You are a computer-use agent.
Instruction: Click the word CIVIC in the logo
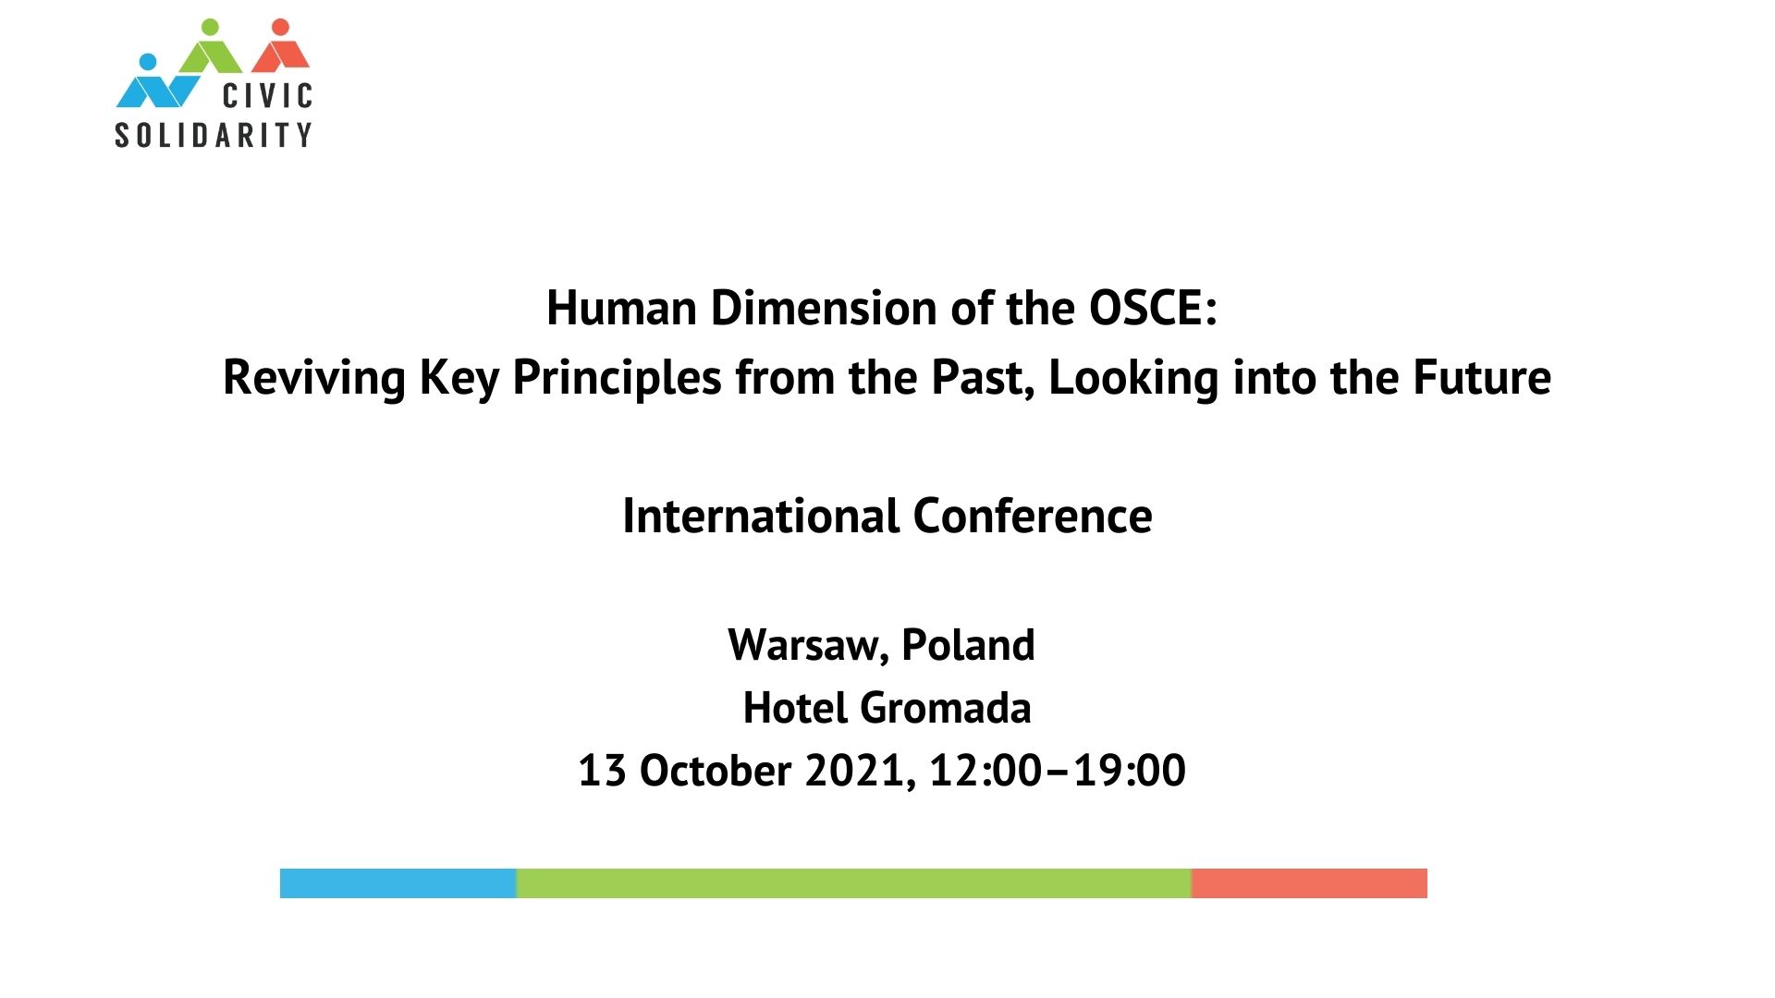point(268,95)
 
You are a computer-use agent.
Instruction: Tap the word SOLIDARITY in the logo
point(214,135)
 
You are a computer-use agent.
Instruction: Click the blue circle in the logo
point(147,62)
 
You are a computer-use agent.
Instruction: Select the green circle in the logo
point(211,27)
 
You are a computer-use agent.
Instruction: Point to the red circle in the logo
point(281,27)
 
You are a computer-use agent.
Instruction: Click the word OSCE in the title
point(1146,308)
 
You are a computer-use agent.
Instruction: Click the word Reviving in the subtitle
point(314,379)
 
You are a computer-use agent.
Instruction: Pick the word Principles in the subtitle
point(617,379)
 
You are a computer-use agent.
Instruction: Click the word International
point(761,516)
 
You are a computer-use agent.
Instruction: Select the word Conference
point(1033,516)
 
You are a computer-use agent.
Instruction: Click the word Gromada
point(945,709)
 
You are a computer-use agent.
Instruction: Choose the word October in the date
point(716,771)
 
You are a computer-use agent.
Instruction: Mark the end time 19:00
point(1129,771)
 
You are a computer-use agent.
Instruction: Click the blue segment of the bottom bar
point(398,883)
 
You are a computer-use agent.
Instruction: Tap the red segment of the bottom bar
point(1309,883)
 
